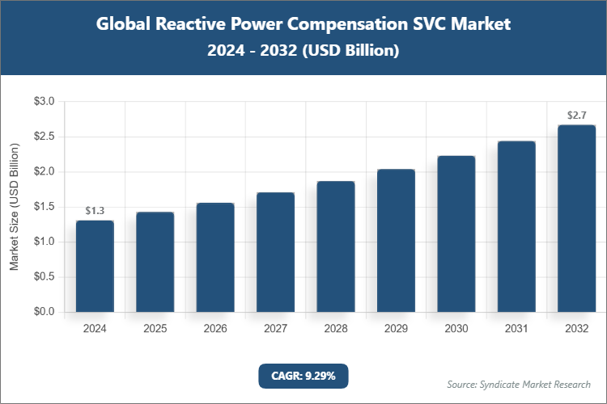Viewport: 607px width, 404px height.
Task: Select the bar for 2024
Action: [95, 266]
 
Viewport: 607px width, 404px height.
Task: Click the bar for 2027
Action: [275, 252]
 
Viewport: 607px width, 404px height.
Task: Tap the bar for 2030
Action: [456, 234]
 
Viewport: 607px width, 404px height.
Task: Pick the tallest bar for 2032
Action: [576, 218]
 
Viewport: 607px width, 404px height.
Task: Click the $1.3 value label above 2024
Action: [95, 211]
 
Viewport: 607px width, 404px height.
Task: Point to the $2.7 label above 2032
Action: [576, 116]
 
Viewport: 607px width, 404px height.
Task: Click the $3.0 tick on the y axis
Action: [43, 102]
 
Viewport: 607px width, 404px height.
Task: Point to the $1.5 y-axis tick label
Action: [43, 207]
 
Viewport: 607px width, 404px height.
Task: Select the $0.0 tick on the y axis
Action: [43, 312]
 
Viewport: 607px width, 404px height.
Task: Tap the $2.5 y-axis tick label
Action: [43, 137]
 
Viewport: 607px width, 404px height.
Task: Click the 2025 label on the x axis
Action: [155, 329]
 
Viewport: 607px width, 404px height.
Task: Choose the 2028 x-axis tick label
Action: [335, 329]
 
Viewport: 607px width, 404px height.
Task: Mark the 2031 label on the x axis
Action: [516, 329]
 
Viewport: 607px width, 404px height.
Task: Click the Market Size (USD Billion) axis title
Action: [14, 207]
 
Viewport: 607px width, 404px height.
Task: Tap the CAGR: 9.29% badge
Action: [303, 376]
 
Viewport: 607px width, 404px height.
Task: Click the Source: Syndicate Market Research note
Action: [518, 384]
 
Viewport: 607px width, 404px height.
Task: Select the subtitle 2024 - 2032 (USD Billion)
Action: [303, 50]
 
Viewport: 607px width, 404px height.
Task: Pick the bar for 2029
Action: [396, 241]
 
